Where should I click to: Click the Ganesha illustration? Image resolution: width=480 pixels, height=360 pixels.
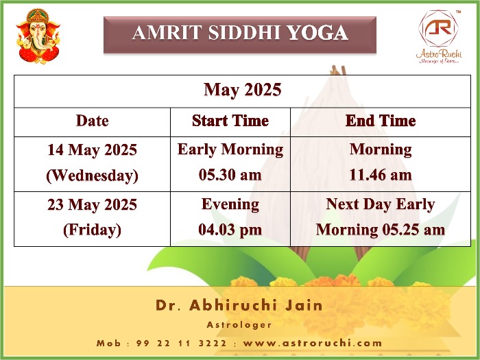(38, 36)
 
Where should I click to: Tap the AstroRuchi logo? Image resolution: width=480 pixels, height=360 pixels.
(439, 37)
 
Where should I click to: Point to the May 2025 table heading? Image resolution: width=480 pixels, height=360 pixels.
(243, 90)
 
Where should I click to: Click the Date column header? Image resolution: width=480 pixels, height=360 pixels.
(92, 121)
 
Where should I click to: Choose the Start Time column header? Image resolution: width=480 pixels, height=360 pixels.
(230, 121)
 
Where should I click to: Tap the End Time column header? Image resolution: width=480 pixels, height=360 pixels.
(381, 121)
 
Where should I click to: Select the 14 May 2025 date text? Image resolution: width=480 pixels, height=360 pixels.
(92, 150)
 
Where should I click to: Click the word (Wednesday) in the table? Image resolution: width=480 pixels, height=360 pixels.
(92, 176)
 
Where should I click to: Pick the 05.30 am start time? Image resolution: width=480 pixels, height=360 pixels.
(230, 175)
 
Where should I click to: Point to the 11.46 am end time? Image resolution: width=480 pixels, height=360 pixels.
(381, 175)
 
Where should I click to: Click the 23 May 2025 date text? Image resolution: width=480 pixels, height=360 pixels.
(92, 204)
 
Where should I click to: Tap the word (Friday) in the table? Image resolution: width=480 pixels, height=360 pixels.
(92, 230)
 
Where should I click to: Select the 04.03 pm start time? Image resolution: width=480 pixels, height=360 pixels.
(230, 230)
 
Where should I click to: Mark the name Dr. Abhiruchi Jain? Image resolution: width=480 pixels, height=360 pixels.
(239, 305)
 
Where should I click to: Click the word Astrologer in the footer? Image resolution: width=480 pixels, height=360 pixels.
(239, 325)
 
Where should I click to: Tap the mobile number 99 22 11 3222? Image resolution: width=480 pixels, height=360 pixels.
(181, 343)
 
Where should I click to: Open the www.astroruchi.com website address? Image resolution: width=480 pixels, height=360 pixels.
(313, 343)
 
